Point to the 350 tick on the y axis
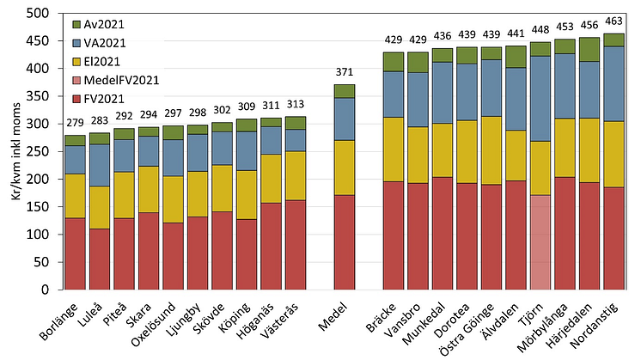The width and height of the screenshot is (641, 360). coord(40,96)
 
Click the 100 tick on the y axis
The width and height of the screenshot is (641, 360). coord(40,235)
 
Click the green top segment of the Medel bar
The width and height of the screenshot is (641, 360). coord(344,91)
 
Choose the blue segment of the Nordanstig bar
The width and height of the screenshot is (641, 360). coord(589,83)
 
